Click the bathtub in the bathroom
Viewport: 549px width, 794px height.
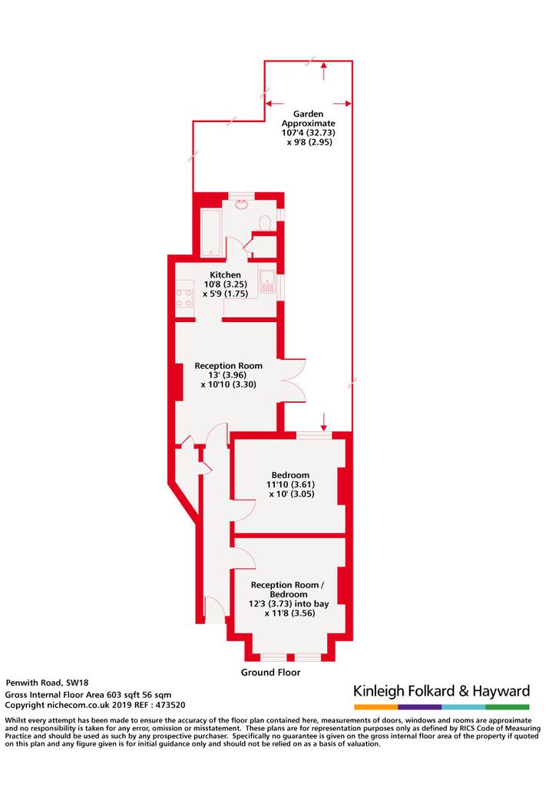[x=210, y=232]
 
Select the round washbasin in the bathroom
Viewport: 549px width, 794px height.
[x=241, y=204]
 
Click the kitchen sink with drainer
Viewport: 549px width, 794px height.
[x=267, y=281]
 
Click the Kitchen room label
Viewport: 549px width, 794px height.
[x=225, y=275]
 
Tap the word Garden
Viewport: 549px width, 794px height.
[x=308, y=114]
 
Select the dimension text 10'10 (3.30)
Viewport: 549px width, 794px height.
[x=229, y=384]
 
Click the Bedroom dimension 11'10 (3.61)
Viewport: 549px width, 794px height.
[x=290, y=484]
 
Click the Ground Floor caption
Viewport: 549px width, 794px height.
[x=271, y=673]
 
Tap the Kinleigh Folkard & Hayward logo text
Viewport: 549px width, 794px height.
[x=442, y=691]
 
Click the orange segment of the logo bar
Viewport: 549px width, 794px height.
[x=376, y=707]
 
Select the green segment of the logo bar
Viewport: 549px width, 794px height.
[x=508, y=707]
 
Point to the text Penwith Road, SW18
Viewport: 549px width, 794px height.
[x=47, y=683]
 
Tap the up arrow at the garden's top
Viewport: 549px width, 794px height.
[x=323, y=71]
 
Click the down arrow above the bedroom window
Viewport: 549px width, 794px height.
[x=324, y=422]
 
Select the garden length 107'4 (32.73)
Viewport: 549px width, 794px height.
[x=308, y=133]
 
